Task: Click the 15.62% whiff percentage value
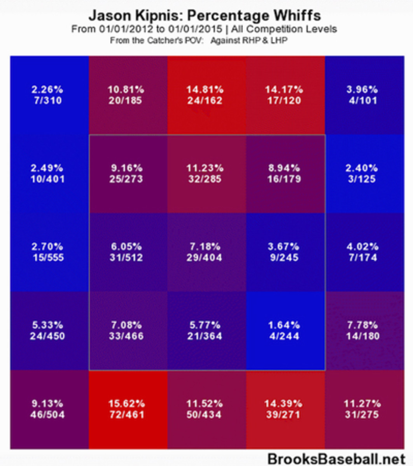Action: click(x=126, y=403)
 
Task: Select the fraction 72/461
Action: click(x=126, y=414)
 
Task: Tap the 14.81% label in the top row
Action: click(x=205, y=90)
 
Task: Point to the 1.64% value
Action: click(x=284, y=325)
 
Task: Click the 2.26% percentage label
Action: click(x=47, y=90)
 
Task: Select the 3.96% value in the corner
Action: click(x=362, y=90)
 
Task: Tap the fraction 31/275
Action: click(x=362, y=414)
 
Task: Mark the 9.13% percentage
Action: click(x=47, y=403)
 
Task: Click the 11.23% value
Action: click(x=205, y=168)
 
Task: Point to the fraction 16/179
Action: click(x=284, y=179)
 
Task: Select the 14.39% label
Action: click(x=284, y=403)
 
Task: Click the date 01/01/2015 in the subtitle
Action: click(x=195, y=29)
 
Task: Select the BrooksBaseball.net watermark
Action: click(x=337, y=459)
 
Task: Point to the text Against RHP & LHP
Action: click(x=249, y=40)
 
